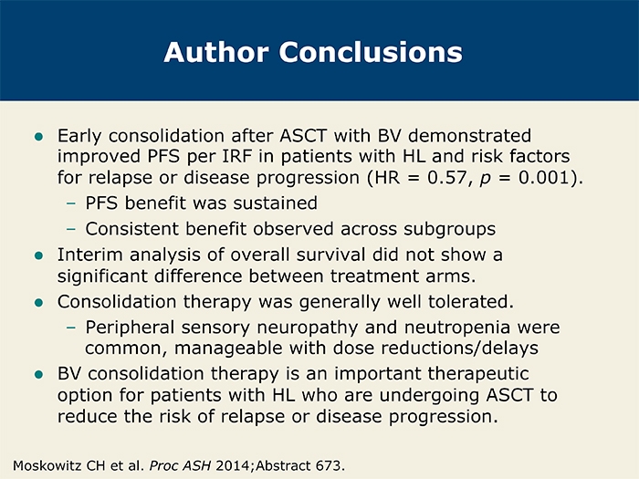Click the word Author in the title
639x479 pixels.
pos(216,52)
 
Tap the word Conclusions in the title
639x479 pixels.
pos(371,52)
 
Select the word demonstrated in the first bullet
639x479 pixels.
pos(469,136)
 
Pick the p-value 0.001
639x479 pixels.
pos(544,178)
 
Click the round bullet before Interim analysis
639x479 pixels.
pos(39,255)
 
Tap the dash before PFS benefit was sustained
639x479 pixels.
pos(71,203)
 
